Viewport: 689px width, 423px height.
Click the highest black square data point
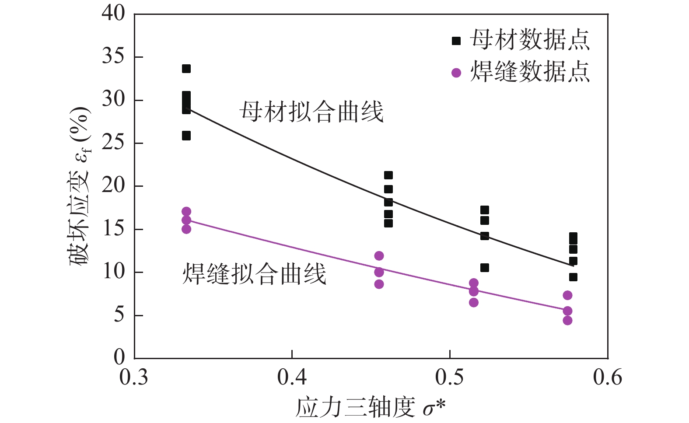[x=186, y=69]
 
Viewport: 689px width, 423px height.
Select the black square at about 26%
[x=186, y=136]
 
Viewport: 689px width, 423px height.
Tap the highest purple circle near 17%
[x=186, y=212]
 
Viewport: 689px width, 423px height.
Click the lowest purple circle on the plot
[x=567, y=321]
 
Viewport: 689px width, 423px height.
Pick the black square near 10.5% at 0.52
[x=484, y=268]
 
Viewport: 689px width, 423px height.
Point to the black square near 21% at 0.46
[x=388, y=175]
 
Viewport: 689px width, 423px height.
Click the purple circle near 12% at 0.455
[x=379, y=256]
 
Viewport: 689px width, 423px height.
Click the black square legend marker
[x=456, y=41]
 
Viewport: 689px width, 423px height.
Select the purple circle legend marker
[x=456, y=73]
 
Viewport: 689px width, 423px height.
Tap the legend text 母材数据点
[x=530, y=40]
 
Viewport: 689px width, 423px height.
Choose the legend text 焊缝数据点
[x=530, y=72]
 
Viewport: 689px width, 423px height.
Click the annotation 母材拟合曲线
[x=311, y=112]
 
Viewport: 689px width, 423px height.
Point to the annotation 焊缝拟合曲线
[x=254, y=274]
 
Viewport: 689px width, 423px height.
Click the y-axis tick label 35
[x=113, y=57]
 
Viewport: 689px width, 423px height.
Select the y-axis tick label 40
[x=113, y=14]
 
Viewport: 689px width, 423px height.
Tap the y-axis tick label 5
[x=119, y=315]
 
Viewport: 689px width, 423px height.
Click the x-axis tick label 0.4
[x=292, y=378]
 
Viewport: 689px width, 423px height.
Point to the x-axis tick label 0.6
[x=607, y=378]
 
